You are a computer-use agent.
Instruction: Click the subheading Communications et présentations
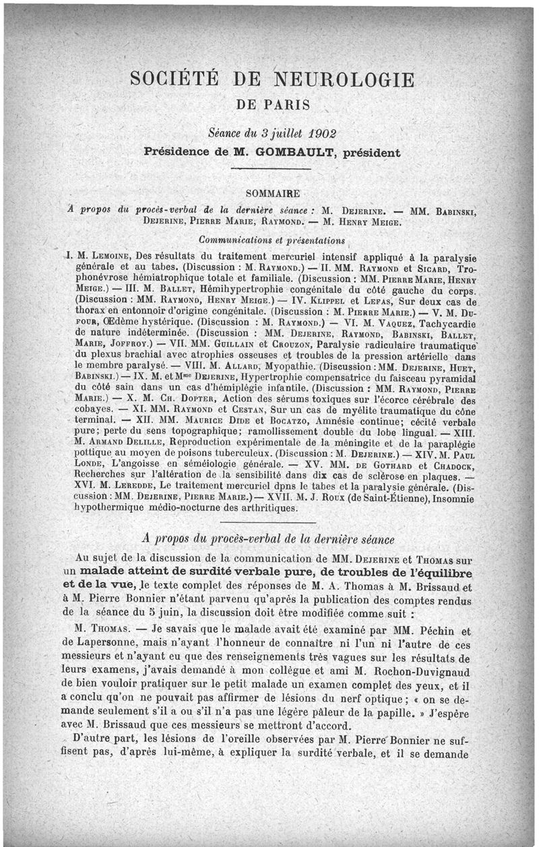pyautogui.click(x=272, y=239)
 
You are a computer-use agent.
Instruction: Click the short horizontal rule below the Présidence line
pyautogui.click(x=273, y=169)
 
